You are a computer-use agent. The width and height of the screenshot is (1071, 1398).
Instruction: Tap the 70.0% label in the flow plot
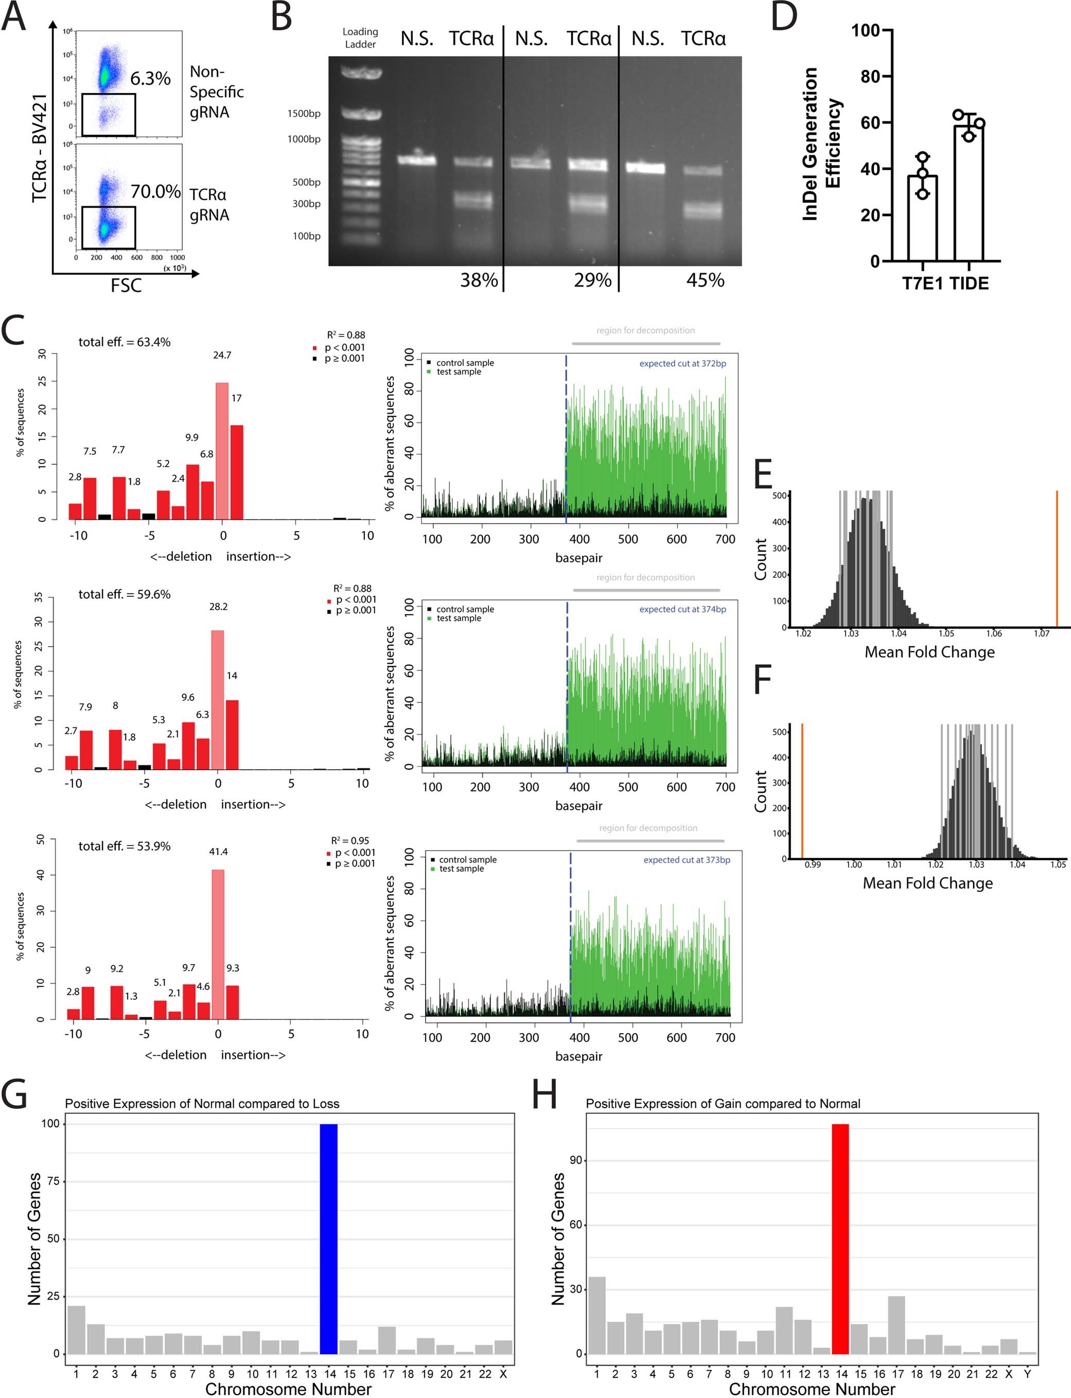coord(155,191)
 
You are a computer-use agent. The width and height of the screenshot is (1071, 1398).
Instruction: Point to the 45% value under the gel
coord(705,280)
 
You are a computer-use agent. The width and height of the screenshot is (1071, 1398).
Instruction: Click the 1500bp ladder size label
coord(304,113)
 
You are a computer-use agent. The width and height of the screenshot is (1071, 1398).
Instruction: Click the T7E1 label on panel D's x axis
coord(922,284)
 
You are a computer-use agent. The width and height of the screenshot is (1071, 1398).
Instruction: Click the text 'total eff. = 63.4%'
coord(125,342)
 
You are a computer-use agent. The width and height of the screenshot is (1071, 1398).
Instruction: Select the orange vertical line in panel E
coord(1057,558)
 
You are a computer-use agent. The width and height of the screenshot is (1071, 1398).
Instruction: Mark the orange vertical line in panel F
coord(802,791)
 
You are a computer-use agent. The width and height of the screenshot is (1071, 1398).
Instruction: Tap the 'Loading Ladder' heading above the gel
coord(360,38)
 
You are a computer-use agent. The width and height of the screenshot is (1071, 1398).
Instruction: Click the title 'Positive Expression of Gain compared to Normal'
coord(723,1104)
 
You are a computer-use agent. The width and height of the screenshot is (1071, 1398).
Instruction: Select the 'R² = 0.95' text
coord(349,840)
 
